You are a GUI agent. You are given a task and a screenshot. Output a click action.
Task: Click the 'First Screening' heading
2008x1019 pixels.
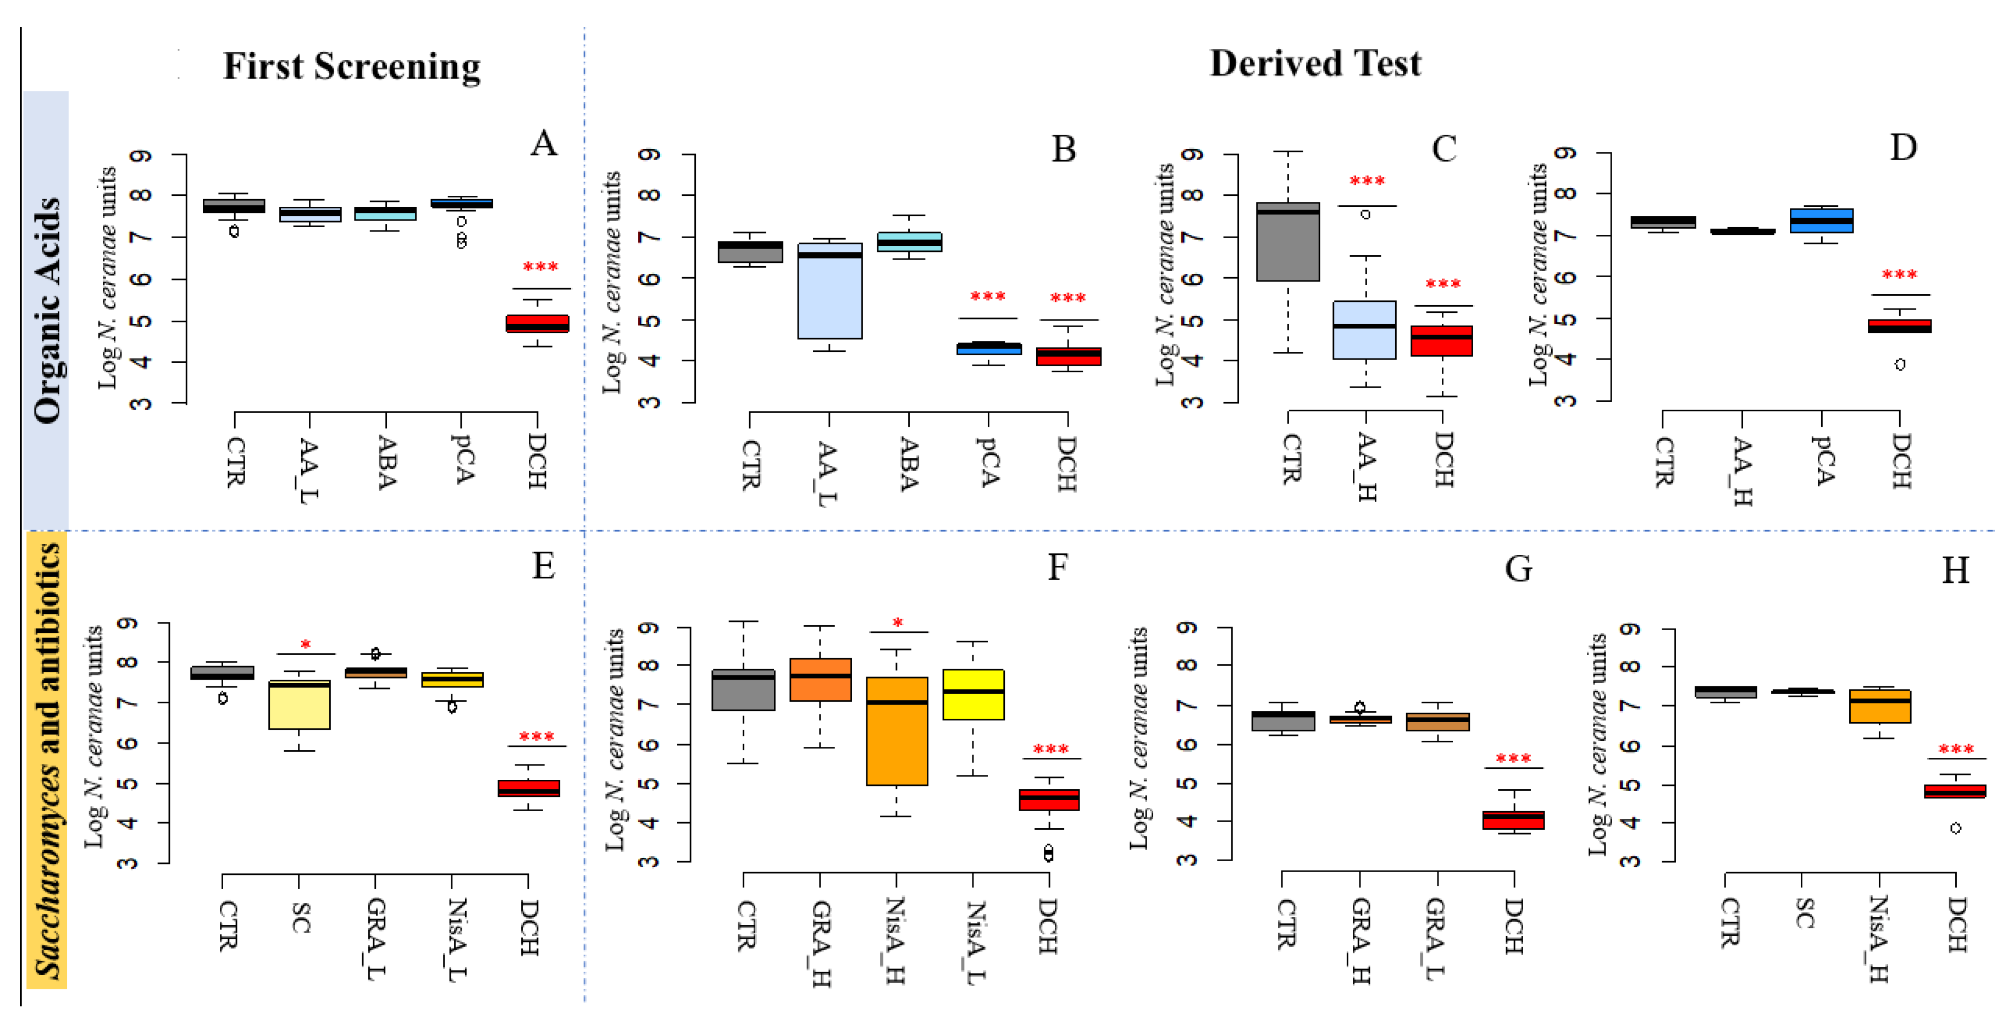352,67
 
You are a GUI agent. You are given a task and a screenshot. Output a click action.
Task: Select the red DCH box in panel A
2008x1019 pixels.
537,323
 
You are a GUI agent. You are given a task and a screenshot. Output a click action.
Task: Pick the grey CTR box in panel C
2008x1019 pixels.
1288,242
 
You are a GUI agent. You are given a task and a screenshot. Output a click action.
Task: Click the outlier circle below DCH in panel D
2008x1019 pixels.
1900,364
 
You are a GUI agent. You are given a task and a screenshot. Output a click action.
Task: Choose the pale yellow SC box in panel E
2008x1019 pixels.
300,705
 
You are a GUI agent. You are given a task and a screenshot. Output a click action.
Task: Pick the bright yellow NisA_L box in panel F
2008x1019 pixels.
973,695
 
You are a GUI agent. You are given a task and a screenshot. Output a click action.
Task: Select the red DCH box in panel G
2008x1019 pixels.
1513,819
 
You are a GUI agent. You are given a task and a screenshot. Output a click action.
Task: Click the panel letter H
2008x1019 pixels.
1955,571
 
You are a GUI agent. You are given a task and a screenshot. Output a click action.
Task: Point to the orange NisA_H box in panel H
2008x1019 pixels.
1879,706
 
